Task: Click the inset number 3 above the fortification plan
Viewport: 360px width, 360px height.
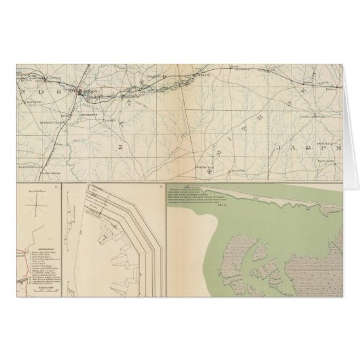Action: (x=158, y=186)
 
